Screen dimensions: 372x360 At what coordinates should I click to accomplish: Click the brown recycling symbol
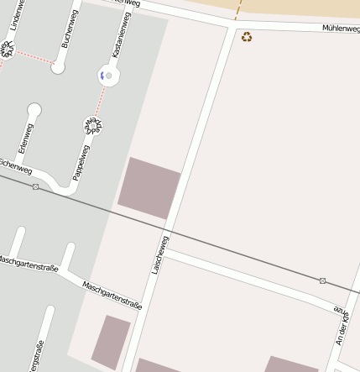coord(247,37)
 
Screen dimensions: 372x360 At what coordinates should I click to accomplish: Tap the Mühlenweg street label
coord(341,29)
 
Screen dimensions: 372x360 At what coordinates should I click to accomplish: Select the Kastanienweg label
coord(117,41)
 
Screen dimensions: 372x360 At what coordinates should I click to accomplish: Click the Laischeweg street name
coord(159,254)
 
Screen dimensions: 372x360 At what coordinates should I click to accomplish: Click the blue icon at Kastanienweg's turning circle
coord(104,76)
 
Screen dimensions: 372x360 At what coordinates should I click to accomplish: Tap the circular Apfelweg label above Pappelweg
coord(92,126)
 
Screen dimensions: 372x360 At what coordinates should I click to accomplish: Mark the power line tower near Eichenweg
coord(35,186)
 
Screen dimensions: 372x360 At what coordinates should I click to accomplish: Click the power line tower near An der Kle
coord(322,280)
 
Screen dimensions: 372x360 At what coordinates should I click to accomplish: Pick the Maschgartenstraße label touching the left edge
coord(27,264)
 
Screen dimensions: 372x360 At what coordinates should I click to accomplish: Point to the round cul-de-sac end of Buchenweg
coord(58,67)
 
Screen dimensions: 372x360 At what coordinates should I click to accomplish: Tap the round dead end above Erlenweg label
coord(34,109)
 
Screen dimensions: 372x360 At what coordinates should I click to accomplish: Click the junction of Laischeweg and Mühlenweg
coord(230,29)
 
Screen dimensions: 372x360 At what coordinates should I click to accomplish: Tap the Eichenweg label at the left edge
coord(15,165)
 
